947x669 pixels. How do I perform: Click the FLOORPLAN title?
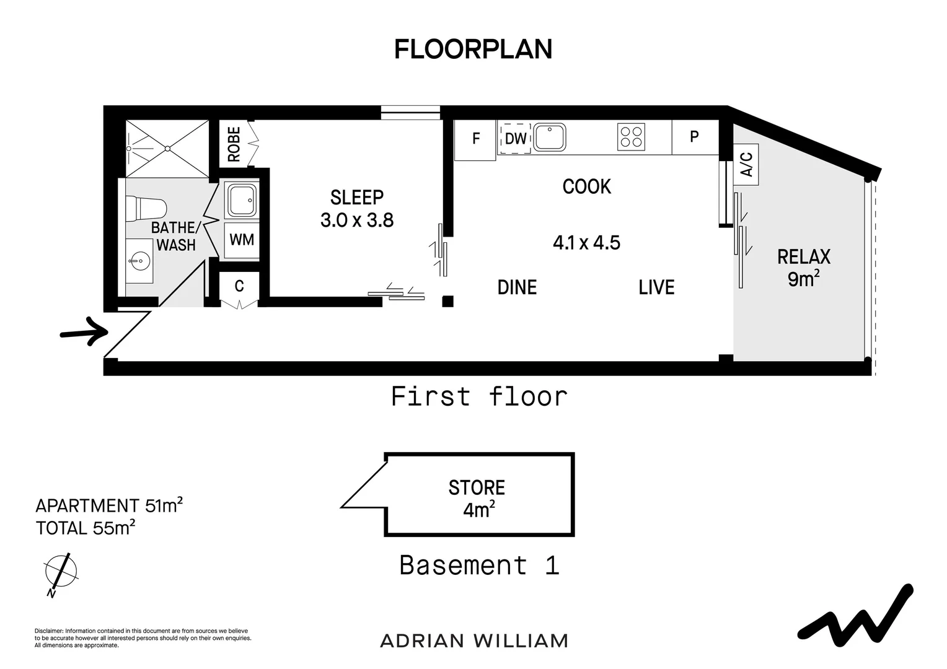pos(473,50)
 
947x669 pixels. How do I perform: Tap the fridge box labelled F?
pos(475,139)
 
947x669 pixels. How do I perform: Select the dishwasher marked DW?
pos(515,139)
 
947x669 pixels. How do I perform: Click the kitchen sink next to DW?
pos(550,137)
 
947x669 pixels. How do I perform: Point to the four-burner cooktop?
pos(631,137)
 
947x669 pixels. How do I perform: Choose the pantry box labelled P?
pos(695,137)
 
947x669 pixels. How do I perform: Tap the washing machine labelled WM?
pos(242,240)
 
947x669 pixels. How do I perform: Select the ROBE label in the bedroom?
pos(234,144)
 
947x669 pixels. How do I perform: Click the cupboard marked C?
pos(239,287)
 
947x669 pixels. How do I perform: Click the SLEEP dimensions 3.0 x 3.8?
pos(357,221)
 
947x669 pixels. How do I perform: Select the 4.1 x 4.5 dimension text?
pos(586,243)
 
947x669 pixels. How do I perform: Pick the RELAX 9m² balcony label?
pos(803,268)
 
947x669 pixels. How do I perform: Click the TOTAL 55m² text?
pos(86,528)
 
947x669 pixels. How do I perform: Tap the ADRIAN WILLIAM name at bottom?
pos(474,641)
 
